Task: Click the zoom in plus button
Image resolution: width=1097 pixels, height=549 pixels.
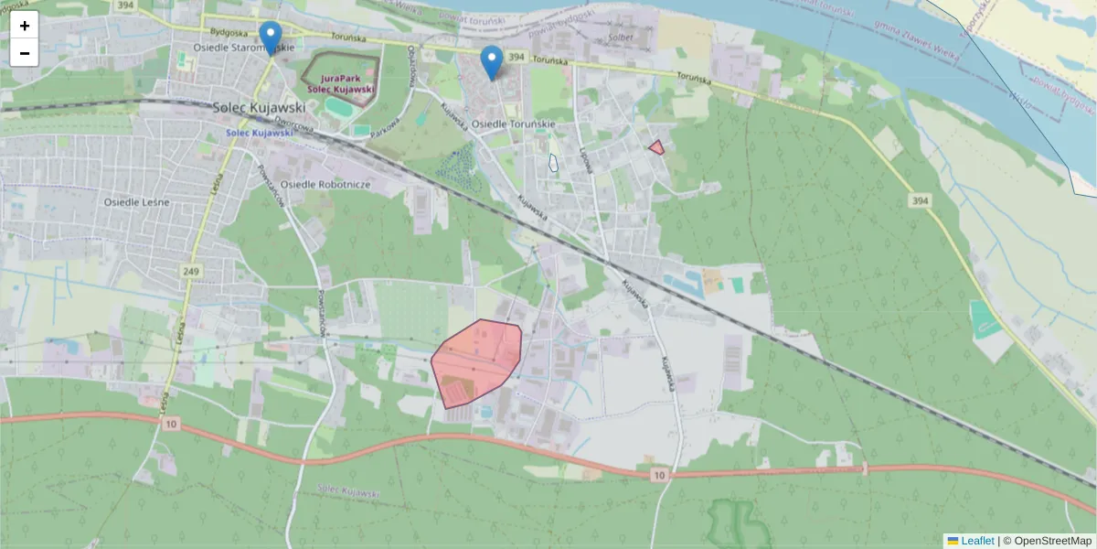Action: pos(25,26)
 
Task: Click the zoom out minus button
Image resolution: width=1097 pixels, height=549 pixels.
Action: pos(25,53)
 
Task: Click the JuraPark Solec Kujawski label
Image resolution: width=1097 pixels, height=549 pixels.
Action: pos(340,83)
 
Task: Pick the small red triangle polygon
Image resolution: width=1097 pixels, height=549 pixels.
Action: pos(656,146)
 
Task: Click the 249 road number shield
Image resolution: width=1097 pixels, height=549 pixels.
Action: pos(190,271)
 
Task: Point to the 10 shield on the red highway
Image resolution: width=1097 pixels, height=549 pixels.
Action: pos(659,475)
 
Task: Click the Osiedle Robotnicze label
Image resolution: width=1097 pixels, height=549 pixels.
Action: pos(325,184)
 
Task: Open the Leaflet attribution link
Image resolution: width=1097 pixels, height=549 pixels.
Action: pos(977,541)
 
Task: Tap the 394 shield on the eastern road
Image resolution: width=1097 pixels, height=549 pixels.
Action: pos(920,199)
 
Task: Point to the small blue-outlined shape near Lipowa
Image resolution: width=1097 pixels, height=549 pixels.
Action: pos(553,163)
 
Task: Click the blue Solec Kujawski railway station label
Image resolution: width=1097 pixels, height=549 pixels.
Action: pos(261,133)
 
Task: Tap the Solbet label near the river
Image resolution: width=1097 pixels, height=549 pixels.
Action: pos(621,38)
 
